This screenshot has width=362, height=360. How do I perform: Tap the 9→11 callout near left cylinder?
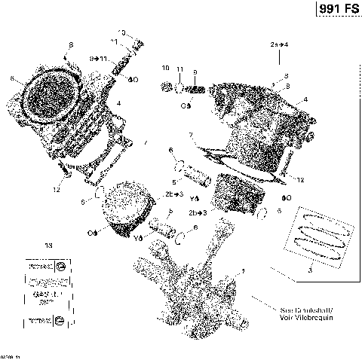tap(98, 58)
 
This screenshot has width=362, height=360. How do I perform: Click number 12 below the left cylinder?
tap(56, 190)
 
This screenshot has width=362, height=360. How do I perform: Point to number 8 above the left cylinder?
tap(71, 45)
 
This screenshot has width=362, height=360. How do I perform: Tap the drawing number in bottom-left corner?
tap(11, 355)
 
